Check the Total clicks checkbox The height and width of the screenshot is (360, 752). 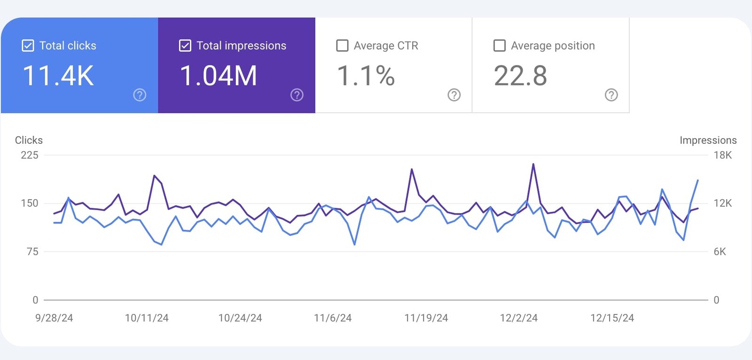click(28, 46)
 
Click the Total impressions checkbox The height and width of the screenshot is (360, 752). click(185, 46)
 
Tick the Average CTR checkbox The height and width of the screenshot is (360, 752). click(342, 46)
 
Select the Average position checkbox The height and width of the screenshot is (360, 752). click(499, 46)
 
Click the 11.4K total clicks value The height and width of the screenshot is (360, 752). click(58, 76)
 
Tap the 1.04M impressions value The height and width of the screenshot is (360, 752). click(219, 76)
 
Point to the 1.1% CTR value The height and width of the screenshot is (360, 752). click(366, 76)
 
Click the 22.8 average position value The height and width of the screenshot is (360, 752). click(520, 76)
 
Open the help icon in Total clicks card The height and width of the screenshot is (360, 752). click(140, 95)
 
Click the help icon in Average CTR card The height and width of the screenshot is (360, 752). click(454, 95)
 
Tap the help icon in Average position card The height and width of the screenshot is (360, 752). click(611, 95)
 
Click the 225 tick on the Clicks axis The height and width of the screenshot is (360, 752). click(30, 155)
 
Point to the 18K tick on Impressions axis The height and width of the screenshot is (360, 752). click(722, 155)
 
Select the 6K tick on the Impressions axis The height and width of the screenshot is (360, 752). click(720, 251)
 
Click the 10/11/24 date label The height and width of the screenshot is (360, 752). click(147, 318)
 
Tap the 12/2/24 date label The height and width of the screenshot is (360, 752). click(518, 318)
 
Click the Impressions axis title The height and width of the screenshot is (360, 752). click(708, 140)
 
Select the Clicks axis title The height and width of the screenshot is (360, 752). click(29, 140)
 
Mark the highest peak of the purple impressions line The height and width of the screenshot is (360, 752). click(533, 164)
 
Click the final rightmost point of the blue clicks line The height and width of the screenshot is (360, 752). click(698, 180)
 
